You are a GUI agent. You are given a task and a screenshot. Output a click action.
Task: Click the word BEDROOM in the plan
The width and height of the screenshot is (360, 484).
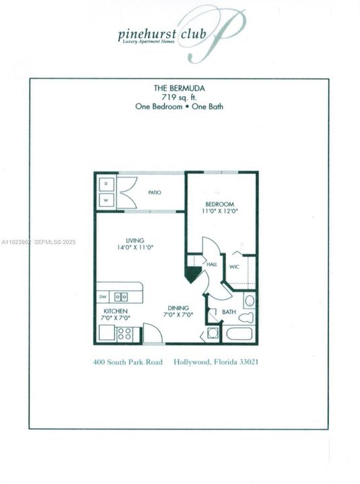pos(220,204)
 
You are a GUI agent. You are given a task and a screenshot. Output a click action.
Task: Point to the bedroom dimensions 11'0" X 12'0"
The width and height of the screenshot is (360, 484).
pos(220,212)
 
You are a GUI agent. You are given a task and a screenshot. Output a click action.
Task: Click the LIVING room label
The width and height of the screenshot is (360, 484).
pos(136,239)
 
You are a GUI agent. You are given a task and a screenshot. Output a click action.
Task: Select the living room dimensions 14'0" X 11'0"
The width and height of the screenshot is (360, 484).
pos(136,247)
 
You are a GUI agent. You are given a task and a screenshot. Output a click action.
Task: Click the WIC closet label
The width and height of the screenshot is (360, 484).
pos(234,267)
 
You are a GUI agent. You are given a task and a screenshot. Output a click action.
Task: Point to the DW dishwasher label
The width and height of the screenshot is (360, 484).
pos(103,296)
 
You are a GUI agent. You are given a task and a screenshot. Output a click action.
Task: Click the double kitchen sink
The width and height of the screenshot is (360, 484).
pos(121,296)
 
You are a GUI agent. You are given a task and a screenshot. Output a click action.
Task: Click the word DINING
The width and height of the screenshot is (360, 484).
pos(178,307)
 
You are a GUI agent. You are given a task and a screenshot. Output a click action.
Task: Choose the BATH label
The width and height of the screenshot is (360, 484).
pos(229,312)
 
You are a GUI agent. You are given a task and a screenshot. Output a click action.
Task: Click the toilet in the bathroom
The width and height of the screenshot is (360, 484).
pos(248,315)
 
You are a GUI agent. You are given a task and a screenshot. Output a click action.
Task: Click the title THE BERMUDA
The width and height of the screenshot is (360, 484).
pos(179,88)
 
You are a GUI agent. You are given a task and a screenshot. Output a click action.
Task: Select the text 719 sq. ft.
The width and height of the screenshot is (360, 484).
pos(179,97)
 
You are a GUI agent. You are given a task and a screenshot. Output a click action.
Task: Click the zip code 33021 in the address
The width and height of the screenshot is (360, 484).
pos(246,362)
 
